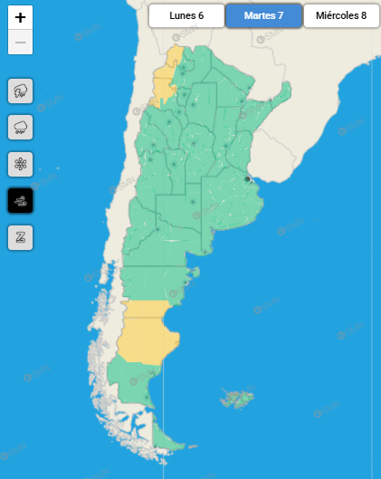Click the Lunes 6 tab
[x=186, y=15]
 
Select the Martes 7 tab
[x=263, y=15]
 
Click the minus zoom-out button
[x=20, y=43]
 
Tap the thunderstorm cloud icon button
[x=20, y=91]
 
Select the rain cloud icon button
[x=20, y=127]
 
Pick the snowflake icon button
[x=20, y=164]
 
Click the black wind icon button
[x=20, y=200]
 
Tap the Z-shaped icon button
[x=20, y=237]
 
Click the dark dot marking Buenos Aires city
[x=247, y=179]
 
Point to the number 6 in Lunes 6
[x=201, y=15]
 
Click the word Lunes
[x=182, y=15]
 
